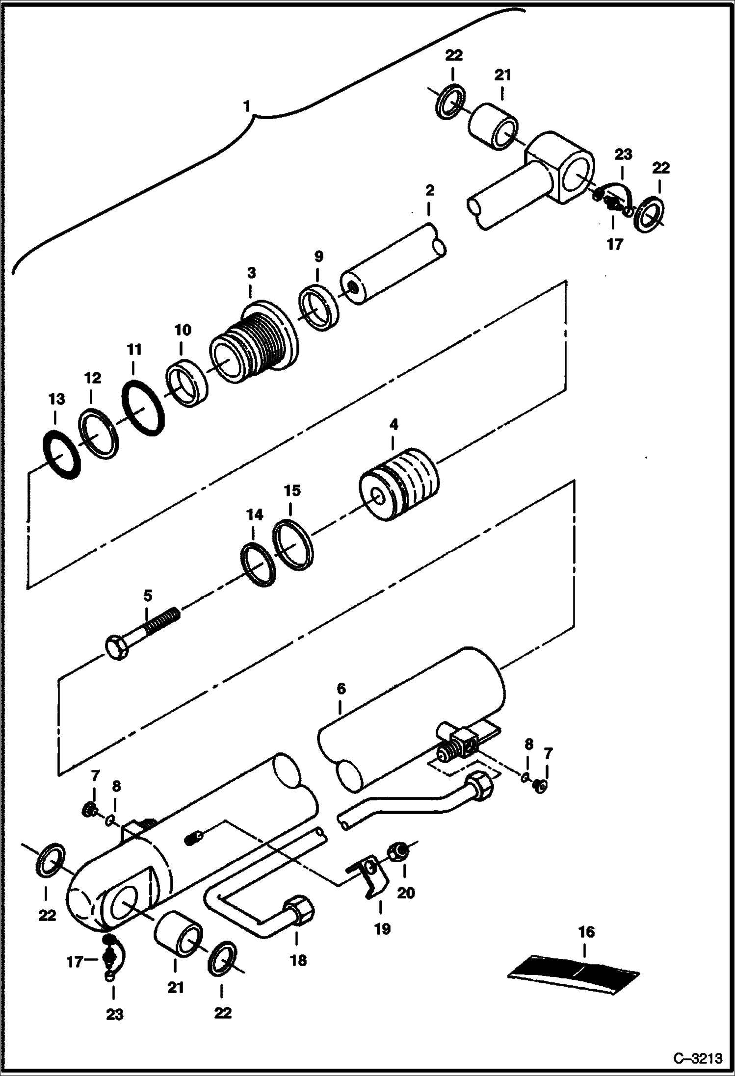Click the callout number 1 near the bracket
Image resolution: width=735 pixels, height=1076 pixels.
click(x=247, y=106)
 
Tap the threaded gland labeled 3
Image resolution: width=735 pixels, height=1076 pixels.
click(x=255, y=343)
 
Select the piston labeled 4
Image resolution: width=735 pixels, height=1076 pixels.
click(x=398, y=484)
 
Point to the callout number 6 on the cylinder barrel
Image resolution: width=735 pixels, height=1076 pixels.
click(x=341, y=689)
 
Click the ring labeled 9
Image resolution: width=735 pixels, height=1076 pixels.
click(x=319, y=310)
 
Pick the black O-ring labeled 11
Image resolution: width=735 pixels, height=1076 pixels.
click(x=143, y=408)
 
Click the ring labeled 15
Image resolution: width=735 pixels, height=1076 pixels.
click(x=293, y=546)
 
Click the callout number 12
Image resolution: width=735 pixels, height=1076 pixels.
click(x=92, y=378)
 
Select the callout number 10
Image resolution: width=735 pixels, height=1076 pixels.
click(x=183, y=330)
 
